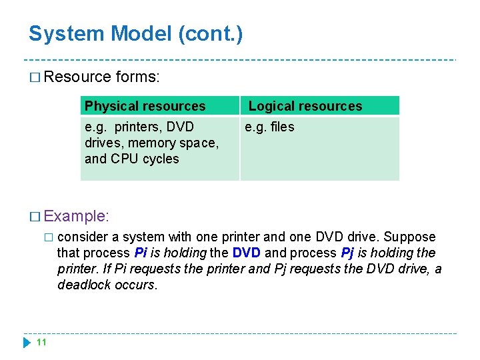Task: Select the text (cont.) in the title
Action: (x=211, y=33)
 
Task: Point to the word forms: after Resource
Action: (x=137, y=77)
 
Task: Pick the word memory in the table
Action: (x=151, y=143)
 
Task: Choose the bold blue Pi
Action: (x=141, y=253)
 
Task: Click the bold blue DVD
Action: (x=247, y=253)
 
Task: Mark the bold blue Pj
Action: (x=347, y=253)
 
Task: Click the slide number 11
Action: (x=41, y=342)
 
